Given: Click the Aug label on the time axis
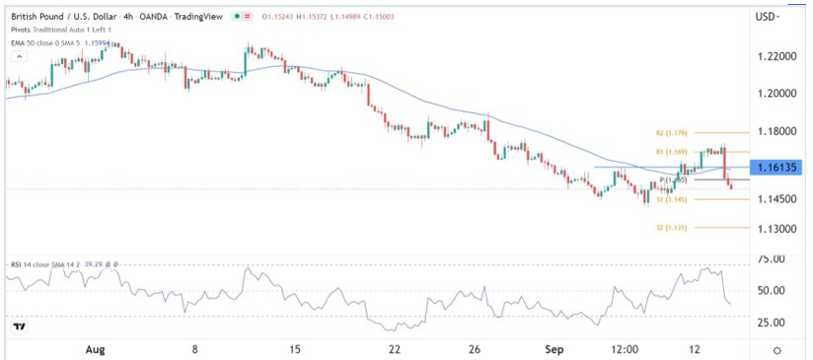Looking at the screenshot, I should pos(95,349).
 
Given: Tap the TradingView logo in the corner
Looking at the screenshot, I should pos(19,326).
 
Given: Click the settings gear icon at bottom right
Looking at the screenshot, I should pos(777,349).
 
